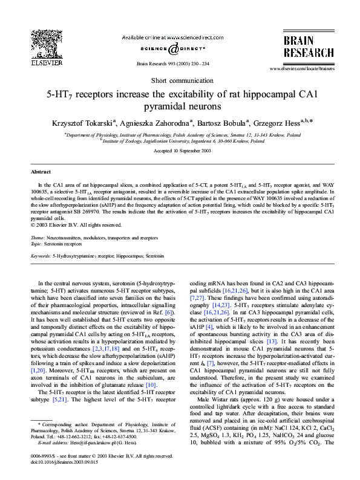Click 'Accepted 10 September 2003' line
coord(180,150)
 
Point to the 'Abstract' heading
coord(41,172)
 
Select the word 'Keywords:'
coord(41,256)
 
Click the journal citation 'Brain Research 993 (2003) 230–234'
coord(173,63)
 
